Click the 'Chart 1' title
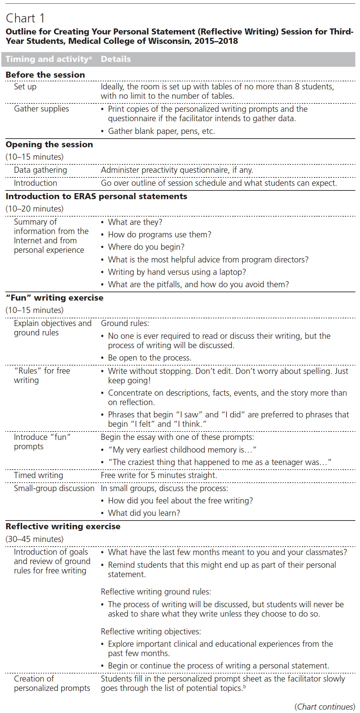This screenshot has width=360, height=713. [25, 18]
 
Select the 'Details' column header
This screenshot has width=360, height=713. [116, 59]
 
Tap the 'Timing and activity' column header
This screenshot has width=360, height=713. [49, 59]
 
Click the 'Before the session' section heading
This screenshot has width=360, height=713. [45, 75]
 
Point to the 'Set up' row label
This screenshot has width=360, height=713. [25, 87]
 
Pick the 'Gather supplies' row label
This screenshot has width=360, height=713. [41, 109]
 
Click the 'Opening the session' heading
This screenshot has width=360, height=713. [49, 145]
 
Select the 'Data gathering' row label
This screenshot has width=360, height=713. [40, 170]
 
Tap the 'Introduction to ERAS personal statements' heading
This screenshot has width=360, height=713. [96, 196]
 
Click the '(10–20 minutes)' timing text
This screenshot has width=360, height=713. [34, 209]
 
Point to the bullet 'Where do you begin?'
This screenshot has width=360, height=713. [146, 247]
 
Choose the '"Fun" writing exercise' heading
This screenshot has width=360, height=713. [55, 298]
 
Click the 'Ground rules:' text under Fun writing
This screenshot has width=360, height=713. [125, 323]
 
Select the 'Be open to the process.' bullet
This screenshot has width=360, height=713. [150, 358]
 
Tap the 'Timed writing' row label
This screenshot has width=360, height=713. [38, 475]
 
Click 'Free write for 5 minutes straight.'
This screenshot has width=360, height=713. [159, 475]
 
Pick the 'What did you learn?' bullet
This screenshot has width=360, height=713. [144, 513]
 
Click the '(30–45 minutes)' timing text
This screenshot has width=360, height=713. [34, 539]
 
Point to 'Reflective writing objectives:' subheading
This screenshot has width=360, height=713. [151, 632]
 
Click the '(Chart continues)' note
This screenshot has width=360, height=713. [325, 707]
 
